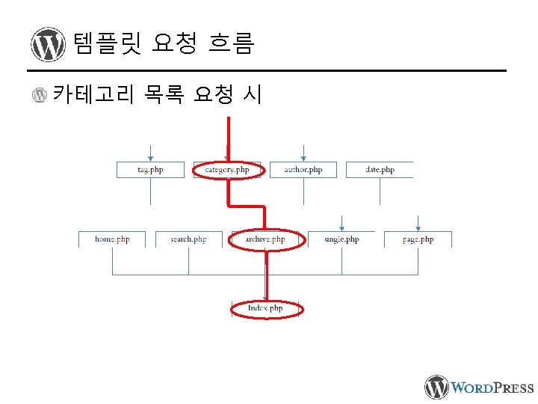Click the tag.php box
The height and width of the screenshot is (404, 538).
point(150,170)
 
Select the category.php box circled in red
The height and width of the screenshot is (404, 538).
point(227,170)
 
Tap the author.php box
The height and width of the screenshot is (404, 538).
point(303,170)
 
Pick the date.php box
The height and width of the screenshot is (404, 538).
point(380,170)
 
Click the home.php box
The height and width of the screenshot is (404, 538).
point(112,239)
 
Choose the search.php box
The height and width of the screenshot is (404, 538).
point(188,239)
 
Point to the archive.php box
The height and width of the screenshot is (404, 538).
point(265,239)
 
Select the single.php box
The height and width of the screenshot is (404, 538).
point(341,239)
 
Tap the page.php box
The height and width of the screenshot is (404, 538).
point(418,239)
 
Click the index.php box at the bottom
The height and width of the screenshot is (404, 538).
point(265,308)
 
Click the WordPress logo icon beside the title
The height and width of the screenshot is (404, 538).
point(49,45)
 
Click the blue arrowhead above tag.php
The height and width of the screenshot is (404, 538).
point(150,158)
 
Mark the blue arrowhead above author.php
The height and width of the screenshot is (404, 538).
point(303,158)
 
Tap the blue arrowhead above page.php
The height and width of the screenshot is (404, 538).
point(418,227)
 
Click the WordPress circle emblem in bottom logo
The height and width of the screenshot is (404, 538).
point(437,387)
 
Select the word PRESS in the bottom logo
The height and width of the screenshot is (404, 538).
point(510,388)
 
